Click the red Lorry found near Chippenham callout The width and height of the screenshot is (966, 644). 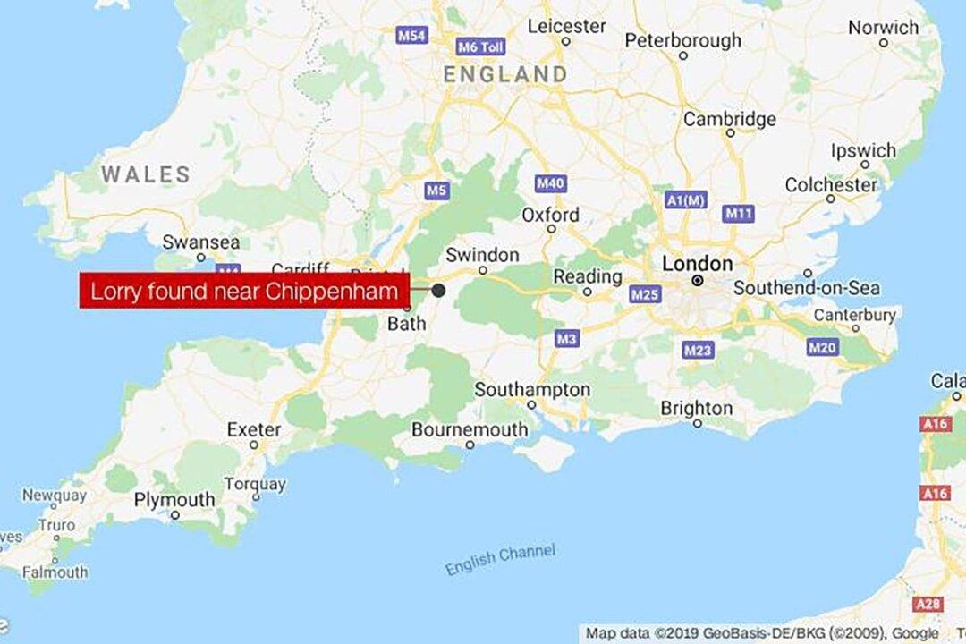tap(244, 291)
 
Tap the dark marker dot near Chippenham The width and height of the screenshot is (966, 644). tap(438, 290)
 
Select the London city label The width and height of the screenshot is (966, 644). tap(697, 264)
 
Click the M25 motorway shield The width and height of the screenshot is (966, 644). tap(644, 293)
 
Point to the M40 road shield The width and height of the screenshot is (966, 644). tap(550, 183)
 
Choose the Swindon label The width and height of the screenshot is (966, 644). tap(481, 255)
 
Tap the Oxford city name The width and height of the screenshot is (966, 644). tap(550, 216)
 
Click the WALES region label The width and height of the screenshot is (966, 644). tap(146, 174)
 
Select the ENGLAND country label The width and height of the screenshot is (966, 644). tap(505, 74)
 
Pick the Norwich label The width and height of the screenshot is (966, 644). tap(883, 28)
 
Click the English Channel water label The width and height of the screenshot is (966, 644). tap(500, 559)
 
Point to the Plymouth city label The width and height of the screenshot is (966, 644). tap(174, 500)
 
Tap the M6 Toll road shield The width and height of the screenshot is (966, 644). tap(480, 47)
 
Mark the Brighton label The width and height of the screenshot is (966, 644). tap(696, 409)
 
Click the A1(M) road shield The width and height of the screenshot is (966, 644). tap(686, 200)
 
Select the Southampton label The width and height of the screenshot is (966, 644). tap(532, 390)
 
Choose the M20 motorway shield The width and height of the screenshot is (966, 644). tap(822, 347)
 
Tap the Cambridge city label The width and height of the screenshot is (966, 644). tap(730, 119)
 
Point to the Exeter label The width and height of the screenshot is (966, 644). tap(254, 430)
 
